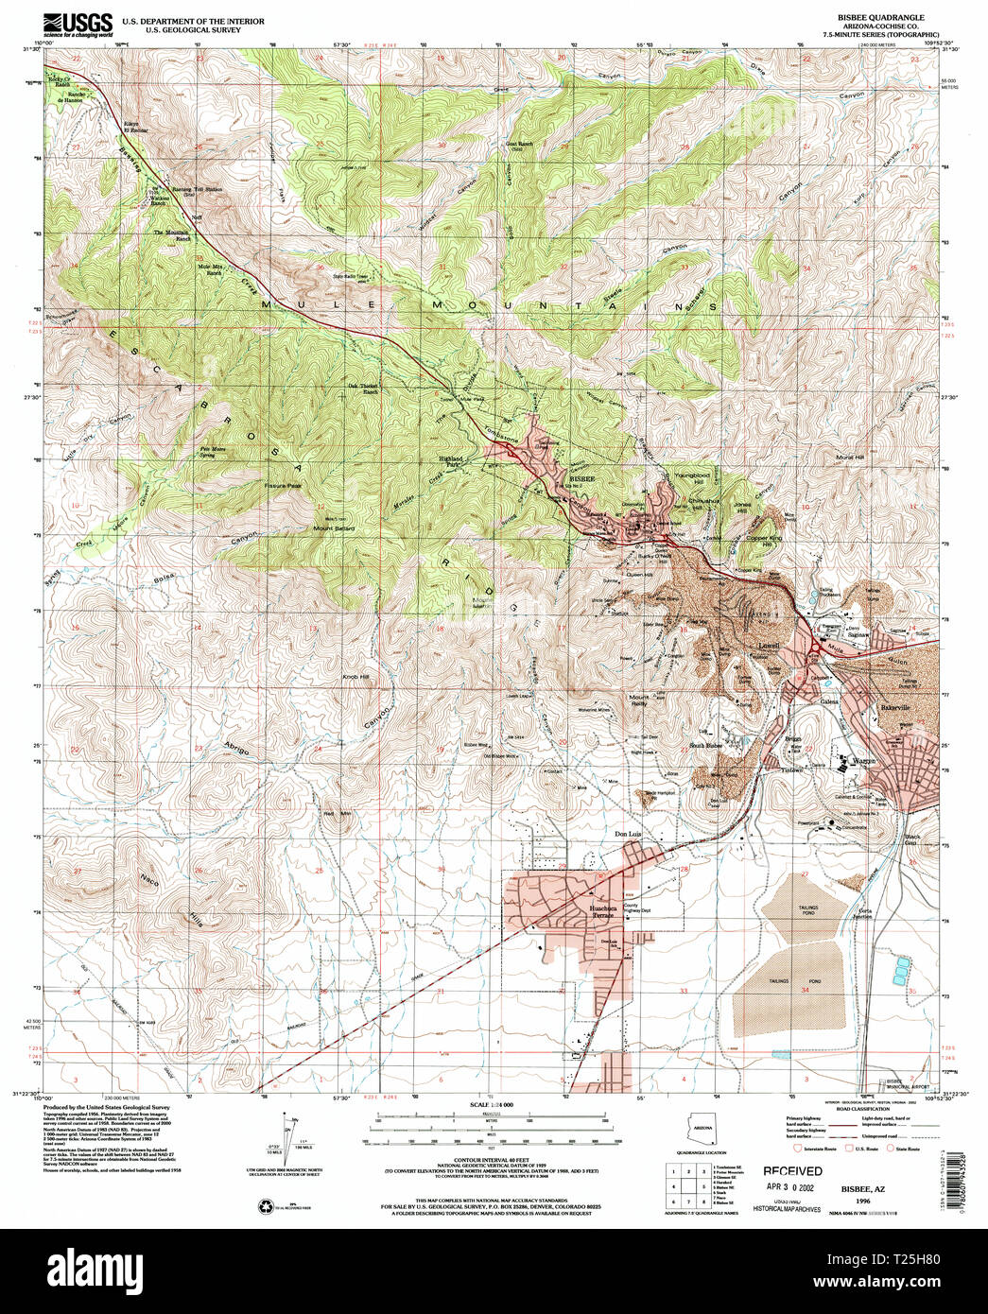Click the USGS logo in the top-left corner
[x=78, y=24]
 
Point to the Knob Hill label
[x=355, y=678]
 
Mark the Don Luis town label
[x=628, y=834]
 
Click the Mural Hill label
[x=850, y=458]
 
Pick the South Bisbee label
[x=705, y=746]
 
